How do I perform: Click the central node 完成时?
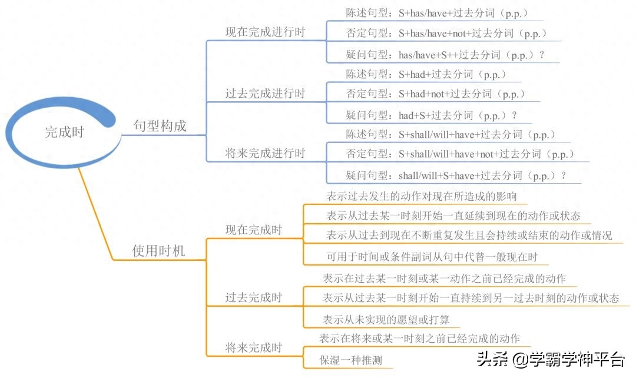pyautogui.click(x=64, y=132)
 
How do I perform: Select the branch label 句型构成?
pyautogui.click(x=160, y=126)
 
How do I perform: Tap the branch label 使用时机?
pyautogui.click(x=158, y=251)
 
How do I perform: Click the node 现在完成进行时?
pyautogui.click(x=265, y=32)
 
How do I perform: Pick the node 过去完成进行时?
pyautogui.click(x=265, y=93)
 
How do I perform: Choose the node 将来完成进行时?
pyautogui.click(x=265, y=153)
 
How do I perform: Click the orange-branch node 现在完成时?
pyautogui.click(x=254, y=230)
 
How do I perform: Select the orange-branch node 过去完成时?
pyautogui.click(x=254, y=297)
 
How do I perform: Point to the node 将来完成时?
pyautogui.click(x=254, y=347)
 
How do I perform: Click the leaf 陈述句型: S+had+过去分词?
pyautogui.click(x=426, y=74)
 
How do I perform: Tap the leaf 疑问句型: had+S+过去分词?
pyautogui.click(x=431, y=115)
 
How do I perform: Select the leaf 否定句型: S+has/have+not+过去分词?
pyautogui.click(x=446, y=33)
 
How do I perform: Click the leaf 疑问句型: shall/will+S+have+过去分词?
pyautogui.click(x=456, y=175)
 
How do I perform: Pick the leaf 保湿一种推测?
pyautogui.click(x=351, y=360)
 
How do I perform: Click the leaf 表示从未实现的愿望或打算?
pyautogui.click(x=386, y=320)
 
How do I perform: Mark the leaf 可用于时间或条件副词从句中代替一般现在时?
pyautogui.click(x=432, y=257)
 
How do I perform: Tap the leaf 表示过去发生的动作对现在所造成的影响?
pyautogui.click(x=422, y=196)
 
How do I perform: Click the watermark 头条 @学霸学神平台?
pyautogui.click(x=551, y=359)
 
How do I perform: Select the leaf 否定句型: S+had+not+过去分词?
pyautogui.click(x=435, y=94)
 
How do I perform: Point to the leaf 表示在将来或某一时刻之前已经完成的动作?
pyautogui.click(x=419, y=338)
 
